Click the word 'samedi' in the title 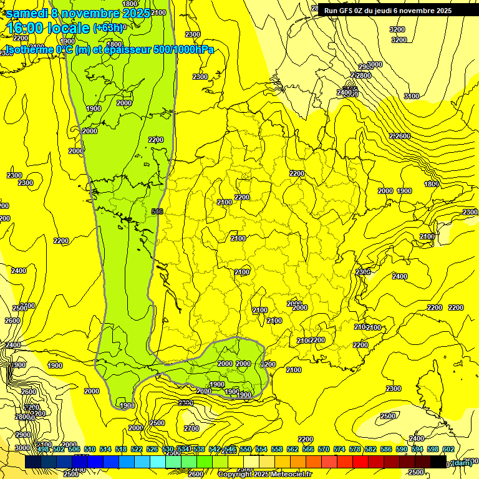point(28,13)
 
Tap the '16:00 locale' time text point(49,28)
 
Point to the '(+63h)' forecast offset point(109,27)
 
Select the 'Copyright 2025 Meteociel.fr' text point(265,474)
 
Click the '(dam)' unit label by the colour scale point(462,463)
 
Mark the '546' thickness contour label point(157,212)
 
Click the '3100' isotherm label point(412,96)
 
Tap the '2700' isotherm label point(191,428)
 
